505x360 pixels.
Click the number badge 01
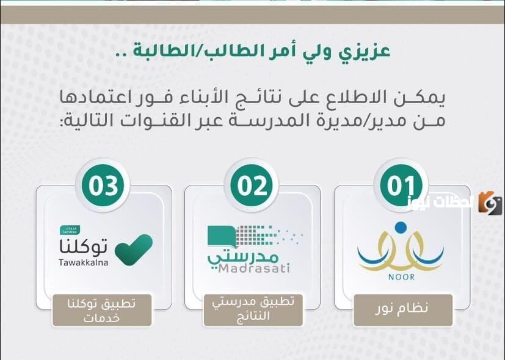[x=401, y=185]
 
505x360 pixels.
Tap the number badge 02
[x=252, y=185]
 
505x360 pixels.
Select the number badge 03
[x=103, y=185]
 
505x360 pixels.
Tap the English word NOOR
[x=401, y=277]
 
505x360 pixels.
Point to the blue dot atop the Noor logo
[x=400, y=228]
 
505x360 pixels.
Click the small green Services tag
[x=67, y=230]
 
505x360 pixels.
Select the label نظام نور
[x=403, y=309]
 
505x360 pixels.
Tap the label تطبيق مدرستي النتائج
[x=253, y=309]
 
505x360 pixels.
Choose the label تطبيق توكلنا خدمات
[x=103, y=309]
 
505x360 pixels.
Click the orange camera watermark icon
[x=490, y=203]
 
